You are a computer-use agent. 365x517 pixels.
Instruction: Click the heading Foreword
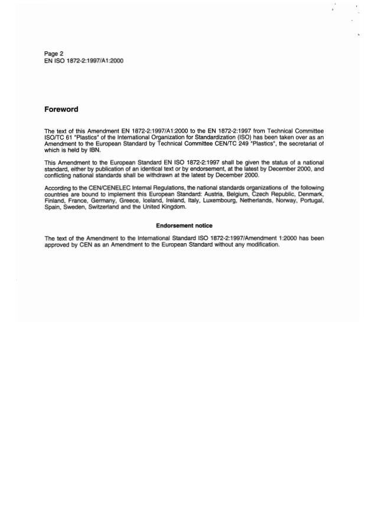coord(61,109)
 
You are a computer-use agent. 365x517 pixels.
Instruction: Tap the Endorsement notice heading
coord(184,226)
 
